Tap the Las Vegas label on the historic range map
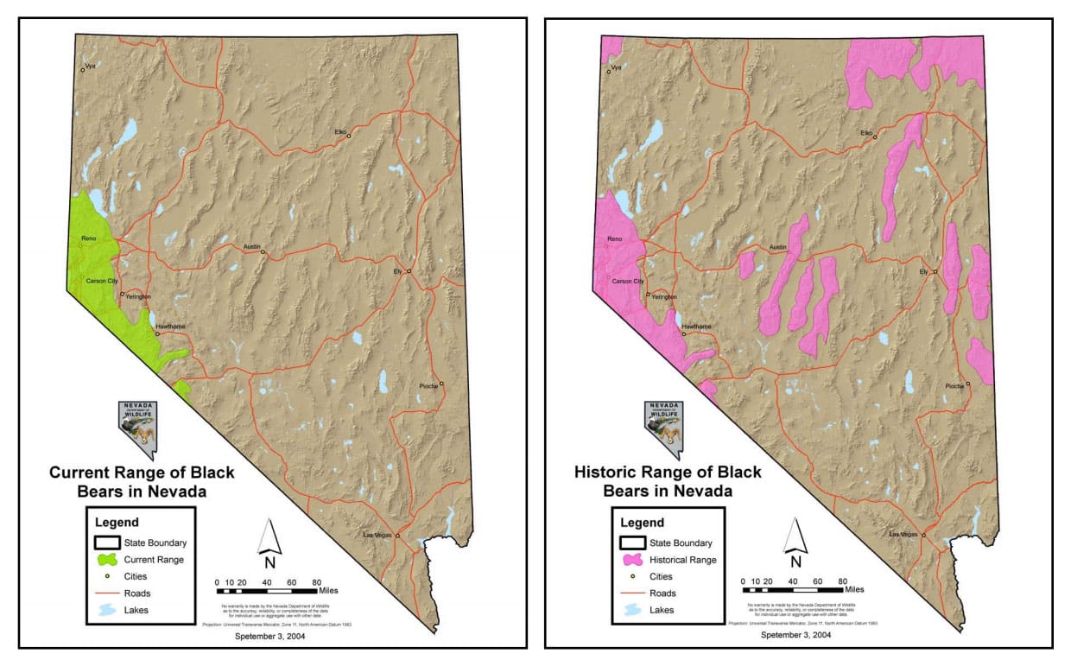[903, 535]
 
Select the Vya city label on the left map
[89, 66]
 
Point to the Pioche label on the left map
[430, 385]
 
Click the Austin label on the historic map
[777, 247]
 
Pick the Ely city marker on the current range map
[409, 271]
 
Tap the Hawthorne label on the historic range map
[696, 327]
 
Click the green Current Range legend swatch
[107, 560]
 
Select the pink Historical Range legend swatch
[633, 560]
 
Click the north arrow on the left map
[270, 540]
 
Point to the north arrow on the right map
[795, 540]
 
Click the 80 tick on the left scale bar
[316, 581]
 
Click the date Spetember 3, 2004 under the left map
[269, 636]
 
